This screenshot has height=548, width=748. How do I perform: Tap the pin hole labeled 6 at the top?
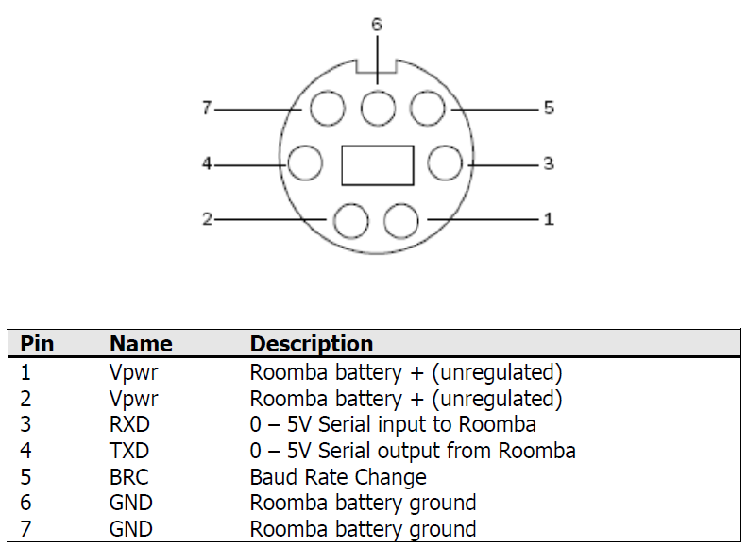click(x=377, y=109)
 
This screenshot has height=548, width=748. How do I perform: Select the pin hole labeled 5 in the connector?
click(x=426, y=109)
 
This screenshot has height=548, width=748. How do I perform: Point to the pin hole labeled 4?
click(x=305, y=163)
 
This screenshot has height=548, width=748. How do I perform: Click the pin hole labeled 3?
click(x=443, y=163)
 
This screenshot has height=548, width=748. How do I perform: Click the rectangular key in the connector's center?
click(x=377, y=164)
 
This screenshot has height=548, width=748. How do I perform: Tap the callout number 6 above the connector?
click(x=377, y=25)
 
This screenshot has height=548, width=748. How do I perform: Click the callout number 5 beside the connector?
click(x=549, y=109)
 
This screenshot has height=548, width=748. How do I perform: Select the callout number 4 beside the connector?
click(x=206, y=163)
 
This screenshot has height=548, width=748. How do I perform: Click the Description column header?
click(x=312, y=344)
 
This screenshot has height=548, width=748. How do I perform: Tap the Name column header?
click(x=141, y=344)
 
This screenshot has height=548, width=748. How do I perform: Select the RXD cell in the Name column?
click(x=129, y=424)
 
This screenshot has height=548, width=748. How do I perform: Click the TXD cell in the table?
click(x=129, y=451)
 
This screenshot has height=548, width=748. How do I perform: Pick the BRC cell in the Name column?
click(x=129, y=477)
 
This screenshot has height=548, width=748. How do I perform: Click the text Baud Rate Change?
click(x=338, y=477)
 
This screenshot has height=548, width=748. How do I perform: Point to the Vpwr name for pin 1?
click(x=133, y=372)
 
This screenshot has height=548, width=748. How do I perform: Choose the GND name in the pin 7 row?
click(x=130, y=529)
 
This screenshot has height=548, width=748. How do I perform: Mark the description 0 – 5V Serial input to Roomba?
click(x=393, y=424)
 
